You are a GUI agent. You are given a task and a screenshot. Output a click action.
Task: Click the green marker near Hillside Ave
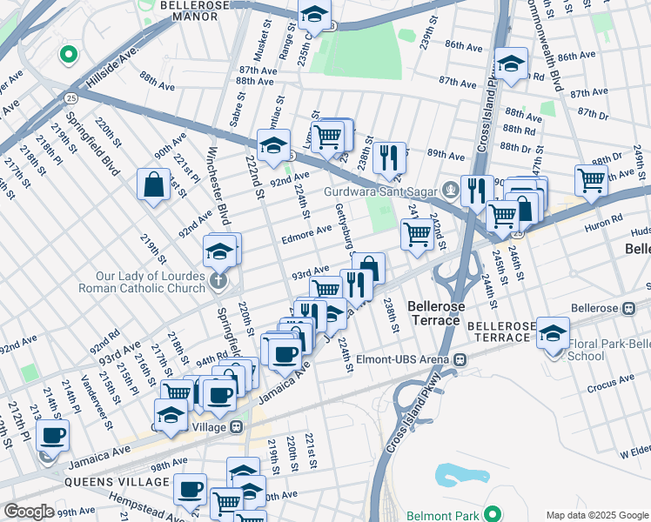(68, 56)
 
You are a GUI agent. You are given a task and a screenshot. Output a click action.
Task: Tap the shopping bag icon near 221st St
(153, 184)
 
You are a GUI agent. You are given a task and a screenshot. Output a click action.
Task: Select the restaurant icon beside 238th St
(389, 157)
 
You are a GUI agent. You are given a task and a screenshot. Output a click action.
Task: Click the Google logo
(29, 512)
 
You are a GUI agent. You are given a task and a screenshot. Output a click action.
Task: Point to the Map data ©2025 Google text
(596, 515)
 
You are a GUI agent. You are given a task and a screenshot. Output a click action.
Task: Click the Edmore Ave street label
(305, 231)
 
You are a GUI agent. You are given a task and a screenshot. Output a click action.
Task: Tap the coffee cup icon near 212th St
(52, 435)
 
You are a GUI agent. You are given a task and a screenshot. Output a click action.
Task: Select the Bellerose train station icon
(628, 308)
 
